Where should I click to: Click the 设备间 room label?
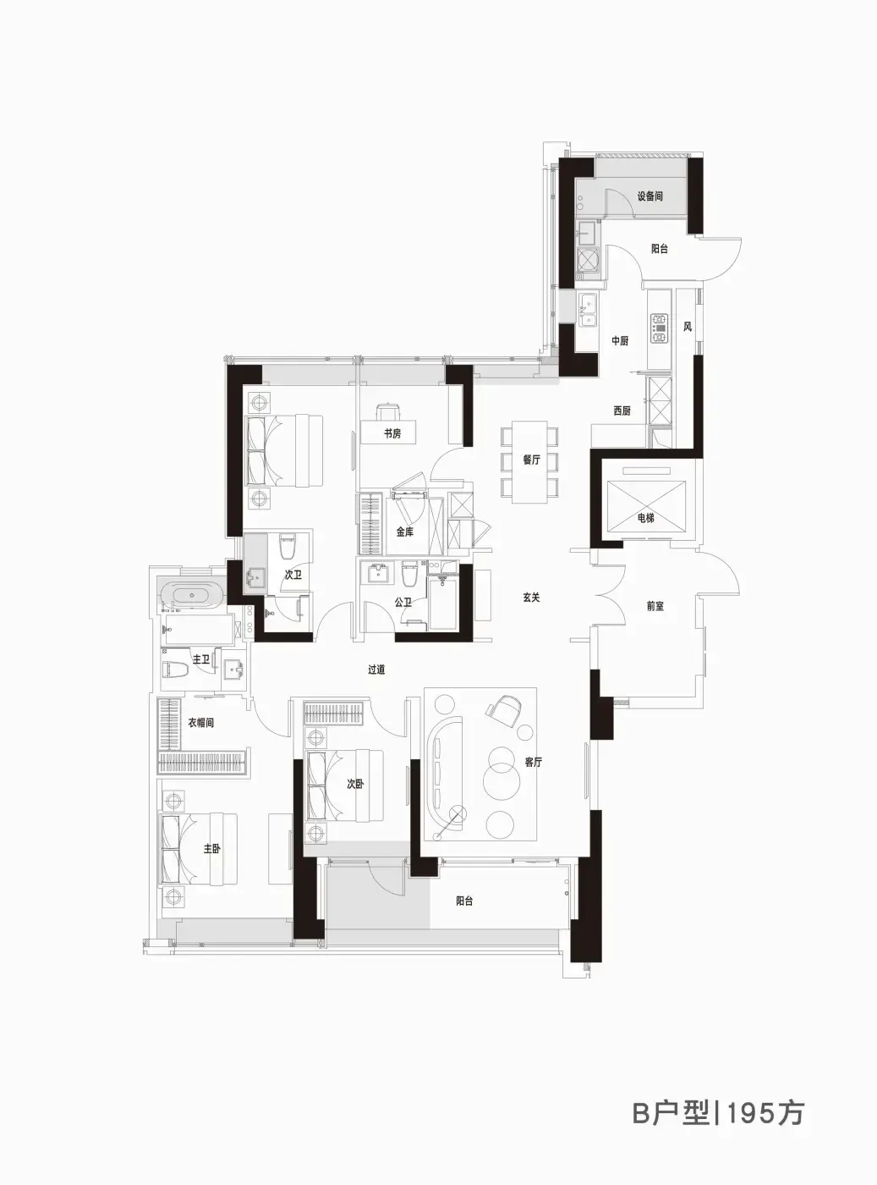pyautogui.click(x=650, y=196)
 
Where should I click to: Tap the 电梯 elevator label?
pyautogui.click(x=646, y=518)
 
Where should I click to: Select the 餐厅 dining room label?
pyautogui.click(x=531, y=460)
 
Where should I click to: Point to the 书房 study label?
pyautogui.click(x=392, y=433)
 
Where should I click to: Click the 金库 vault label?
pyautogui.click(x=404, y=532)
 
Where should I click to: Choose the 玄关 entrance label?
pyautogui.click(x=531, y=598)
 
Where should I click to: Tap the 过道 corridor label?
pyautogui.click(x=376, y=670)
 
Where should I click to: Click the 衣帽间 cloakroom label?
pyautogui.click(x=200, y=723)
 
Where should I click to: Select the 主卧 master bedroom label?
pyautogui.click(x=212, y=848)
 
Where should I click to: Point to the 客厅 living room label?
pyautogui.click(x=533, y=763)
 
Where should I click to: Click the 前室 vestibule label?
pyautogui.click(x=655, y=606)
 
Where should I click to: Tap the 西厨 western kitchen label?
pyautogui.click(x=622, y=411)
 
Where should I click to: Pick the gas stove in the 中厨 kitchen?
pyautogui.click(x=659, y=328)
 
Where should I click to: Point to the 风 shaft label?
pyautogui.click(x=688, y=327)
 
